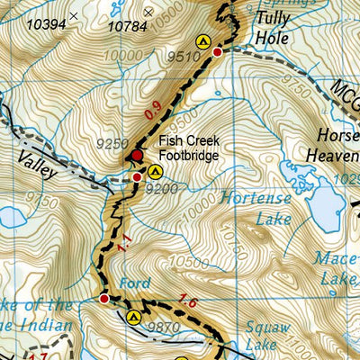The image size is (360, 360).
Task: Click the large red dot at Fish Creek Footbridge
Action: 137,156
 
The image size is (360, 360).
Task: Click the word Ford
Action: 135,283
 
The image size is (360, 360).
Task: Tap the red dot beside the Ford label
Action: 103,298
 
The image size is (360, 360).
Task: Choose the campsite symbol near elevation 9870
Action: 134,316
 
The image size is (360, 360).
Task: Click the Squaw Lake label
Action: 266,337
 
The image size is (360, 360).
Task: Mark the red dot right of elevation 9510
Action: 217,53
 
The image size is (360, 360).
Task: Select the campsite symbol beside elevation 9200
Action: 156,171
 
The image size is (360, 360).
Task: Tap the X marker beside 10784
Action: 148,12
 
